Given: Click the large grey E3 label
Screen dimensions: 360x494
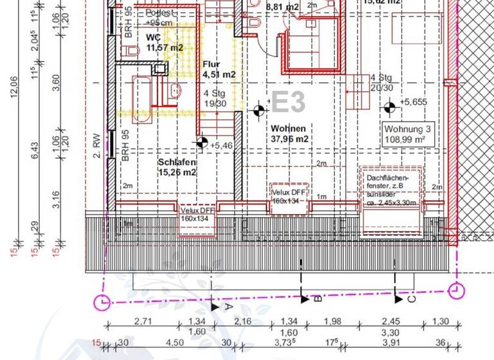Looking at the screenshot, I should click(288, 102).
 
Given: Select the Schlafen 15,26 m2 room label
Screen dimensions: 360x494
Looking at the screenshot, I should click(177, 167).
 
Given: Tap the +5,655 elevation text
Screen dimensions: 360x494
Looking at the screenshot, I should click(413, 102).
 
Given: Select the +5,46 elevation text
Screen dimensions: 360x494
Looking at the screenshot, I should click(221, 146).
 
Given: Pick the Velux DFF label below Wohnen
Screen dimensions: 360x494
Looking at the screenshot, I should click(289, 197).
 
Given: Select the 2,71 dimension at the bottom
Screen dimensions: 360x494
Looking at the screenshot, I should click(142, 321).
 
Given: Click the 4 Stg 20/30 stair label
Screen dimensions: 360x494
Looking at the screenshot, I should click(381, 83).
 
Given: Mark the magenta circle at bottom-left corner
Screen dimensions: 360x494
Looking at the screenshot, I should click(102, 301).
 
